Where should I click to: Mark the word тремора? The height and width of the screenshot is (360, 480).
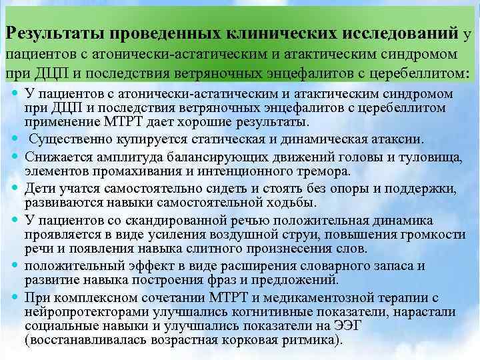point(325,171)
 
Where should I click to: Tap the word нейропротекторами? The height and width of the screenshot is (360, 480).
point(81,311)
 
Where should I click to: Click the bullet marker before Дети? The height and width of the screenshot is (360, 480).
point(15,187)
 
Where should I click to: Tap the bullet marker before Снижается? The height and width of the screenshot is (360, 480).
point(15,155)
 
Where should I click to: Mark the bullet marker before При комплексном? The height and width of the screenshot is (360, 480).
point(15,297)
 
